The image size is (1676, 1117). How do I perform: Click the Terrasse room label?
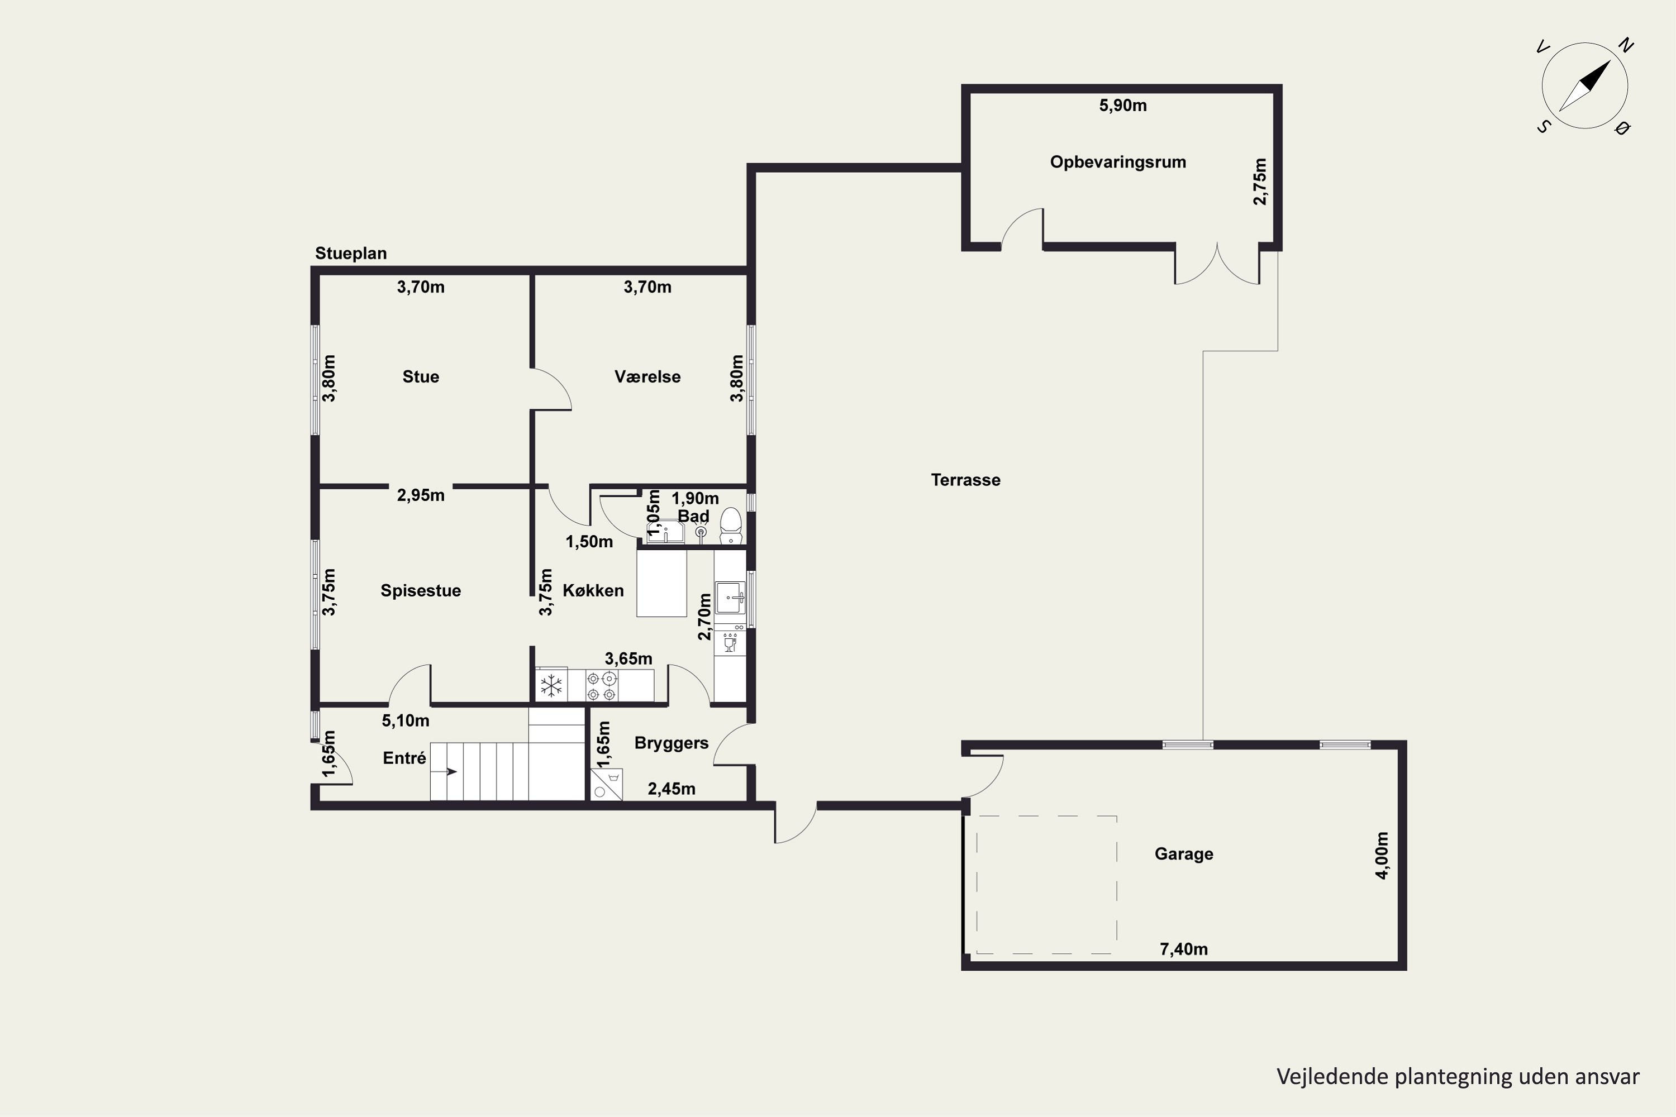point(965,480)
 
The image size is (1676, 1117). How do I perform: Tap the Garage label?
point(1184,854)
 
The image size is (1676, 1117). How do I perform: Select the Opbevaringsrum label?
point(1118,163)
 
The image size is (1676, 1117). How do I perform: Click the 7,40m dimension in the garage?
point(1184,949)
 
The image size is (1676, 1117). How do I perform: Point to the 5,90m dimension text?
point(1123,106)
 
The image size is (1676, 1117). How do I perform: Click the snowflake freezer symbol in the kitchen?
point(551,686)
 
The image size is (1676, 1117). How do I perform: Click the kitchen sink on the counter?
point(730,597)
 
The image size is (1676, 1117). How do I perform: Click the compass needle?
point(1585,86)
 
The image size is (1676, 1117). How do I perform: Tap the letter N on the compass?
point(1625,46)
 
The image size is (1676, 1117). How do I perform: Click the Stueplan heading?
point(351,254)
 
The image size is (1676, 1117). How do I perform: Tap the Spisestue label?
point(421,590)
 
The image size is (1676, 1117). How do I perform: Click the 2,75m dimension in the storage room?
point(1260,182)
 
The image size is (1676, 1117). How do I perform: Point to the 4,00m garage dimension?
point(1382,856)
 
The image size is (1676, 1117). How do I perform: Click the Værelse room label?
point(647,377)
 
